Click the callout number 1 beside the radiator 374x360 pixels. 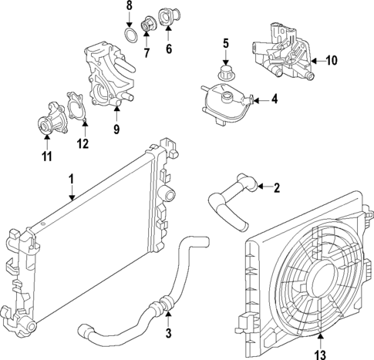[71, 179]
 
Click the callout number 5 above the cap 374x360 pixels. [227, 44]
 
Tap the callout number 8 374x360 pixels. [130, 7]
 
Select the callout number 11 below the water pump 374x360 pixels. [46, 158]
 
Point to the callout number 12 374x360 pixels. [83, 143]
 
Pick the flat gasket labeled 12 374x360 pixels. [76, 106]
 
